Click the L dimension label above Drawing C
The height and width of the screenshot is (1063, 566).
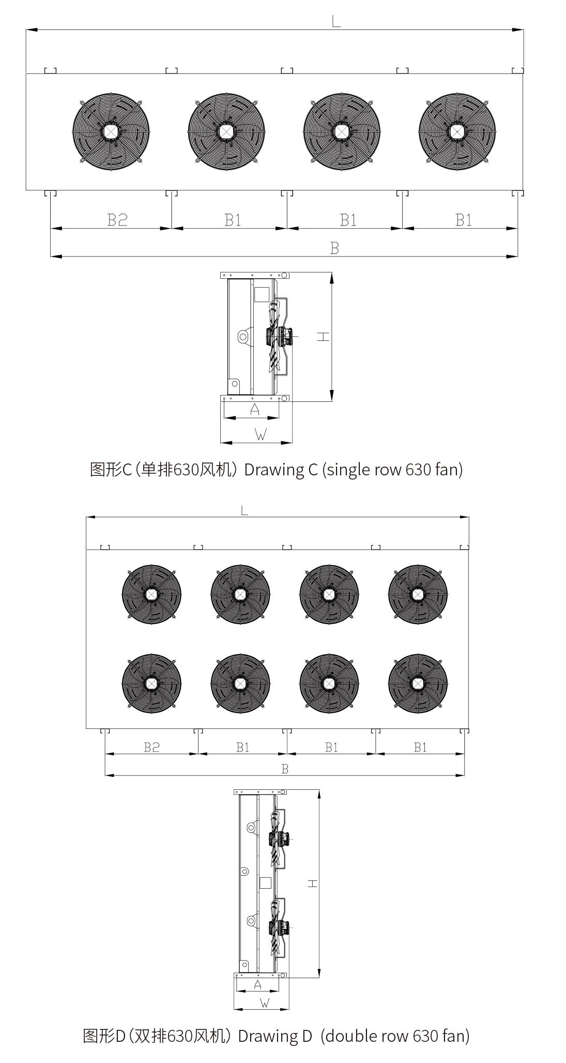336,21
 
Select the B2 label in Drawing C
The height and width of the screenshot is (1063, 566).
117,220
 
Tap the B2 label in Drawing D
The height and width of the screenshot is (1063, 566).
151,747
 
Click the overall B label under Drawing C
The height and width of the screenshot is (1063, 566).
334,248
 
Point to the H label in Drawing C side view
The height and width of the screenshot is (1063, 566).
323,337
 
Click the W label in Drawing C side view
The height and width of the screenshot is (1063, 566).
261,435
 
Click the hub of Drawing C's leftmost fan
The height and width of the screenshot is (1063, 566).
111,131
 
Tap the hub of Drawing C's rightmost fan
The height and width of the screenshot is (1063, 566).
456,131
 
